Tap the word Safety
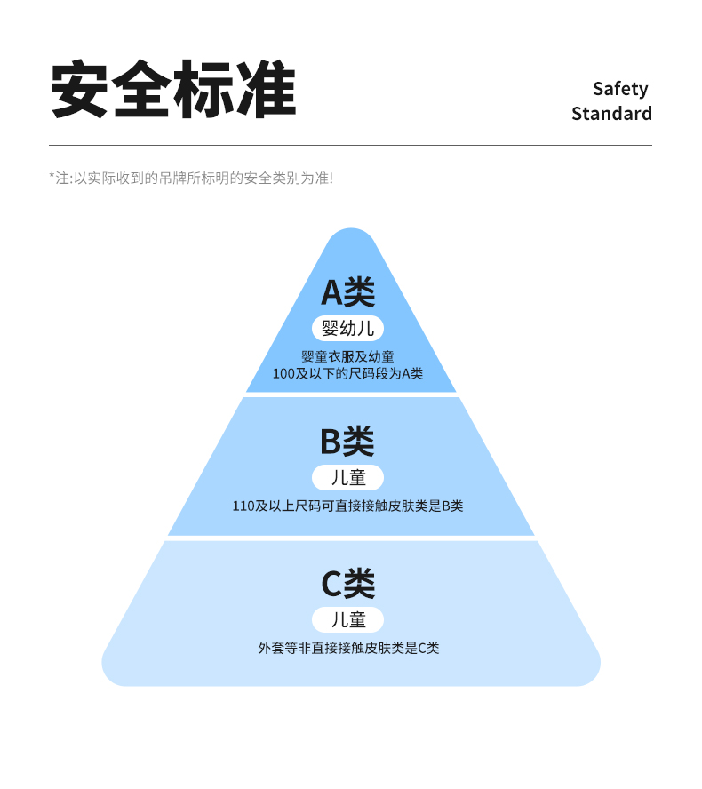click(x=620, y=89)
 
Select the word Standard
click(x=611, y=114)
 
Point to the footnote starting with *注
click(x=191, y=178)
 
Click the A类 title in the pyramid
click(x=348, y=291)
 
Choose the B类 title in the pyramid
click(x=347, y=441)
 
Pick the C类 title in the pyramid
click(x=347, y=583)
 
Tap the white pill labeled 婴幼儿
click(x=347, y=328)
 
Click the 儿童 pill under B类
click(x=347, y=477)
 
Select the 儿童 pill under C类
click(x=347, y=619)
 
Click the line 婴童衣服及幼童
click(x=347, y=356)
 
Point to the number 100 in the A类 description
click(x=283, y=374)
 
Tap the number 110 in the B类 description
click(x=243, y=506)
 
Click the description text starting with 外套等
click(x=348, y=649)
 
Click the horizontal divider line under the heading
click(x=350, y=145)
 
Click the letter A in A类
click(x=331, y=292)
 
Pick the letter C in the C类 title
click(x=331, y=584)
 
